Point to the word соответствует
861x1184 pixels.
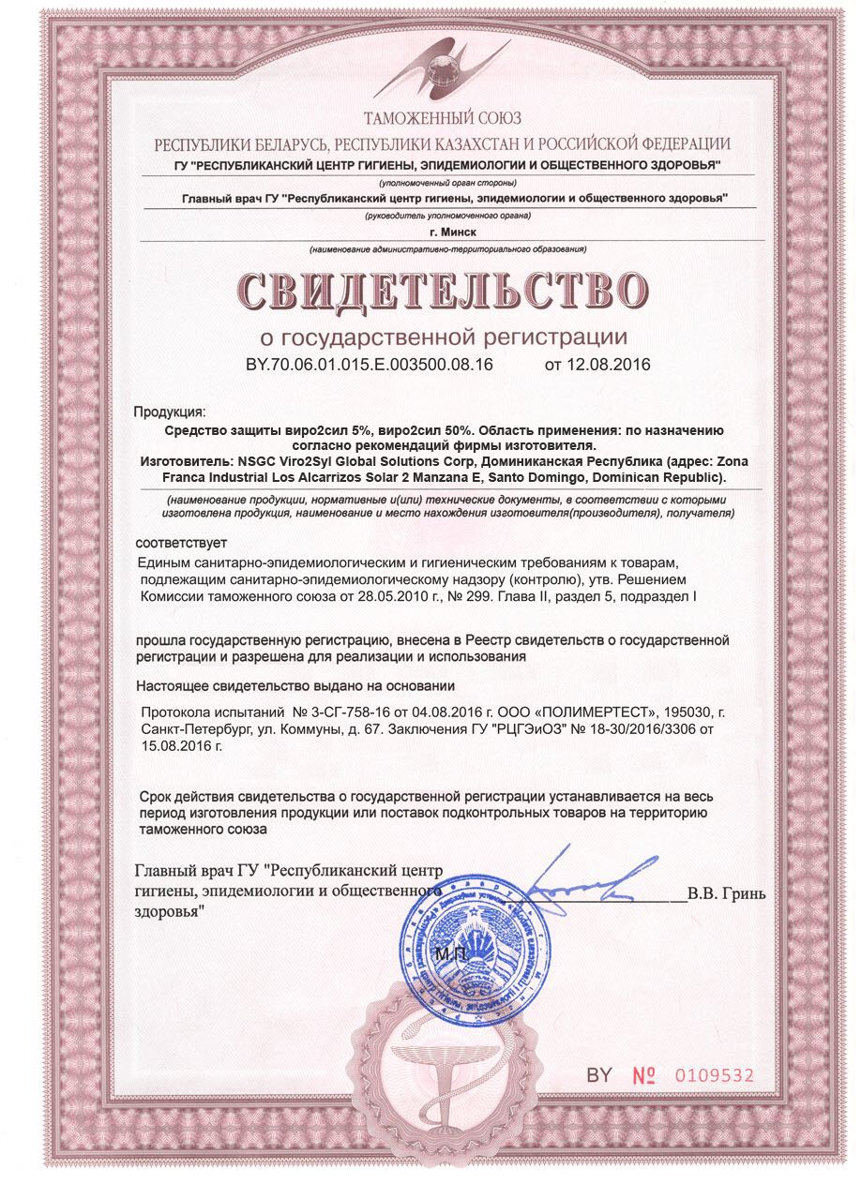[181, 543]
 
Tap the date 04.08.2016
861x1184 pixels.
[444, 712]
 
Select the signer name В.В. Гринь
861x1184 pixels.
[726, 893]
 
